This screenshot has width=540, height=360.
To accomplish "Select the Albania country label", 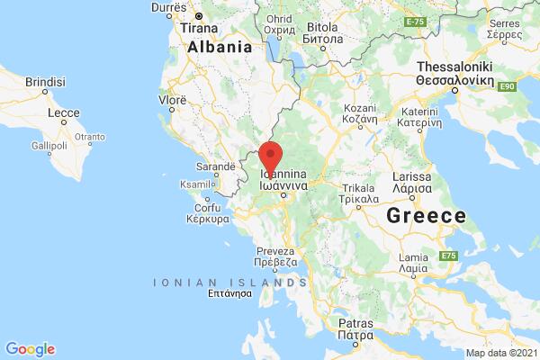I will click(x=220, y=47).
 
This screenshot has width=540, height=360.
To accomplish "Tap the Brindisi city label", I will click(x=46, y=81).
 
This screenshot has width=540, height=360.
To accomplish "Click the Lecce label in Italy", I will click(x=65, y=114).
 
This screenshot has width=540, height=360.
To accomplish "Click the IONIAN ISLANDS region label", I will click(x=210, y=282).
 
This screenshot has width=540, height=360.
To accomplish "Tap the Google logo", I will click(x=30, y=348).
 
